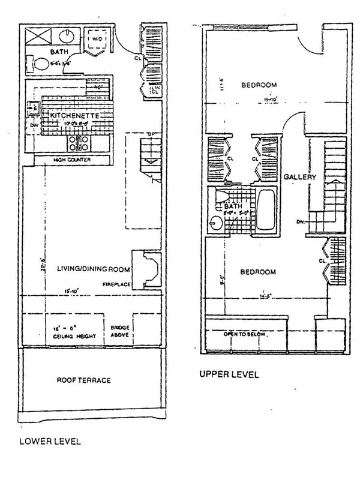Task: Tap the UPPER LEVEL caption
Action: tap(230, 376)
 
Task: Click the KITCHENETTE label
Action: tap(74, 115)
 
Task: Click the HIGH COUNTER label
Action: tap(58, 160)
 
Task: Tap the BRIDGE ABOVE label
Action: tap(116, 332)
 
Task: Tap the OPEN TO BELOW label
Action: tap(244, 334)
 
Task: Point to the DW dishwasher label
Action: tap(32, 125)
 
